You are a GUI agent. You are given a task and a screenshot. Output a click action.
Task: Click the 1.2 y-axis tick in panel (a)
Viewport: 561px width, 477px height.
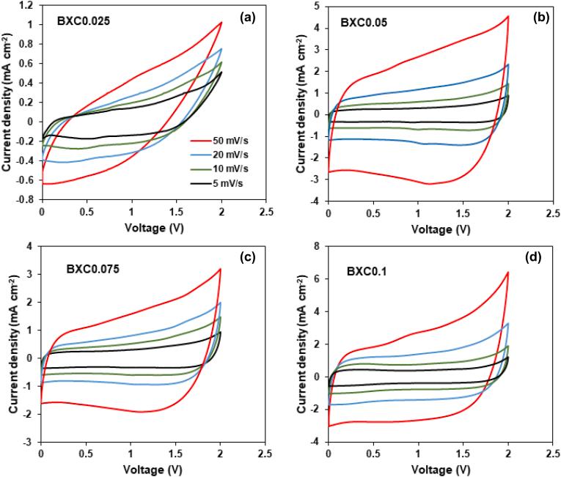pos(27,5)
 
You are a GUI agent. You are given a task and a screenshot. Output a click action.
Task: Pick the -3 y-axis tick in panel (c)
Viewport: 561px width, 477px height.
pos(29,442)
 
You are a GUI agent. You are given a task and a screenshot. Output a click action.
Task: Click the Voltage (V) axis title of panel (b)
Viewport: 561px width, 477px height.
pos(439,230)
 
